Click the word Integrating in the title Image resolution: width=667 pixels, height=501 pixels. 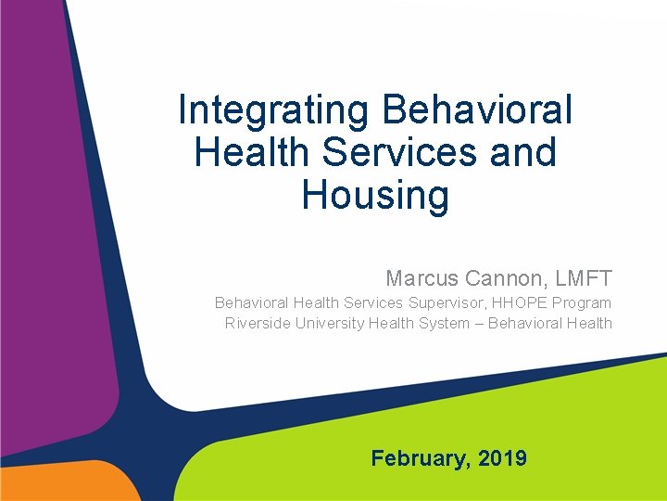274,110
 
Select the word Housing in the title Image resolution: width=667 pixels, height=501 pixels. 375,196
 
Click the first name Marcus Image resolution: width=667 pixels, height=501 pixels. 422,277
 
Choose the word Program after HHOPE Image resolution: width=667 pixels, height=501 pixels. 584,302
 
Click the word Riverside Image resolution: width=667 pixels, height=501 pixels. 258,323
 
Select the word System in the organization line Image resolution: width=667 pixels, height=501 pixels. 443,323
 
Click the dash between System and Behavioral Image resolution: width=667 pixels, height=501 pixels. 479,323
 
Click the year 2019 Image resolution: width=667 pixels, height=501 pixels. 503,458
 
